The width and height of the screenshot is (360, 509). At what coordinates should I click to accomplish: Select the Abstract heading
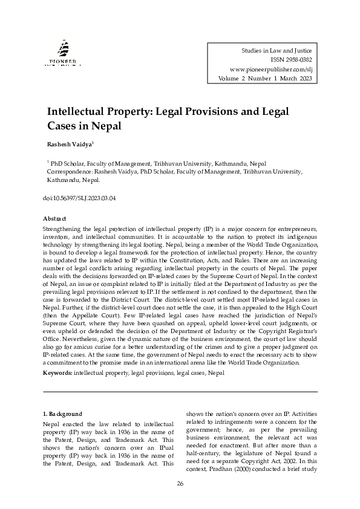(54, 218)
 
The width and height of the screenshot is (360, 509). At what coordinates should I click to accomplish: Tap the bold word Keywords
(57, 374)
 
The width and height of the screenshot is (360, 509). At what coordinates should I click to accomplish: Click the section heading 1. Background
(62, 414)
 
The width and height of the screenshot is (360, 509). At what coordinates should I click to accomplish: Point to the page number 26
(180, 484)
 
